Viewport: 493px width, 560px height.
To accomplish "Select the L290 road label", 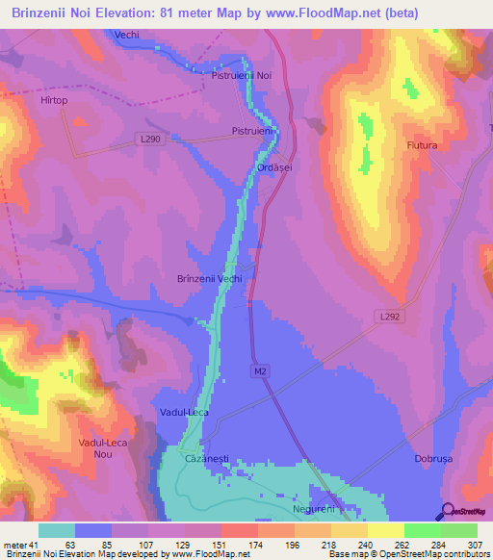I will (x=149, y=140).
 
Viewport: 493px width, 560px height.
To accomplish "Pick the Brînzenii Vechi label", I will (x=209, y=278).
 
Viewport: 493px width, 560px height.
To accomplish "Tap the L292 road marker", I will (x=386, y=315).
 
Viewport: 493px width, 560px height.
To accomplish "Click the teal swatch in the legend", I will (x=57, y=530).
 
